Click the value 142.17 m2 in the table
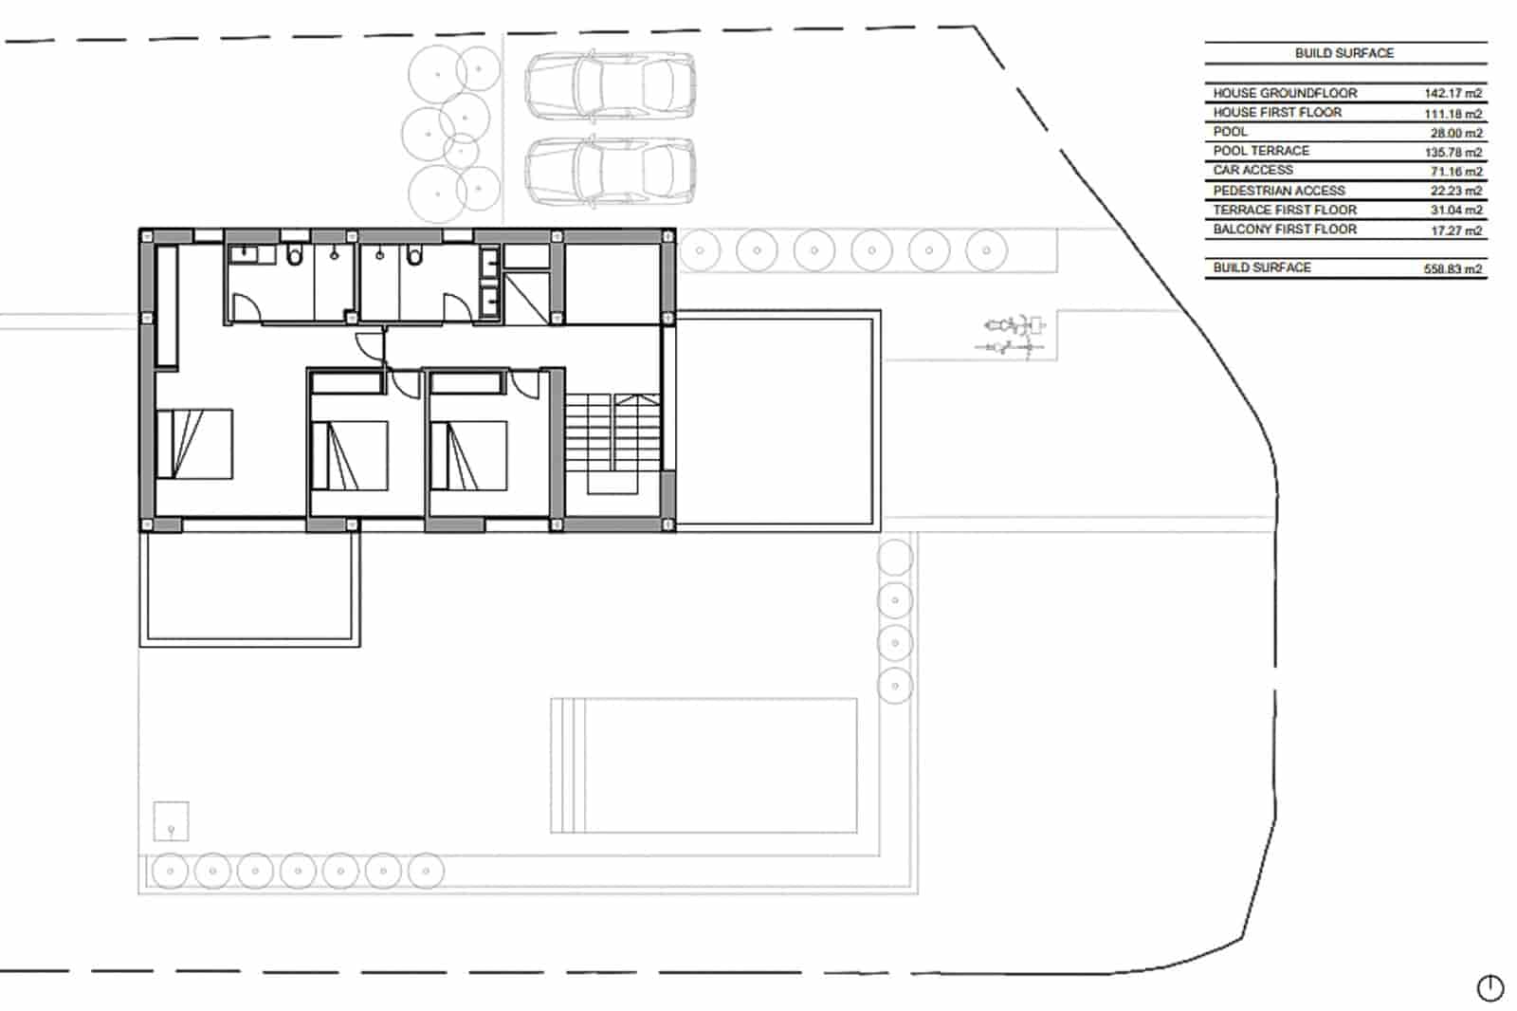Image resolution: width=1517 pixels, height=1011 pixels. tap(1453, 94)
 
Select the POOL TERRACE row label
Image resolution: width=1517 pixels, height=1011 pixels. tap(1261, 151)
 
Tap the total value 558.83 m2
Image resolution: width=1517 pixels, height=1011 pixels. tap(1453, 269)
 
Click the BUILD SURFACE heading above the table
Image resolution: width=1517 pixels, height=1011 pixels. tap(1343, 53)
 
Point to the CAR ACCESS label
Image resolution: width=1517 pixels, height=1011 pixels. tap(1252, 170)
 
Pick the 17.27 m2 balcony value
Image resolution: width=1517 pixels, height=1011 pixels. tap(1455, 230)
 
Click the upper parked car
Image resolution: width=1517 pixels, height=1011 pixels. tap(610, 84)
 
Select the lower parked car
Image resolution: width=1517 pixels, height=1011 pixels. tap(610, 172)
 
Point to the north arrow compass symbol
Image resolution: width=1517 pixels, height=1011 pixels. tap(1490, 988)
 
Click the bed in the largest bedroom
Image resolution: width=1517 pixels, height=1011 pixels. tap(194, 444)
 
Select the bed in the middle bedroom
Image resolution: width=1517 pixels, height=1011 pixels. tap(349, 456)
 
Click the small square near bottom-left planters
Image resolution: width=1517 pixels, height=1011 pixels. tap(171, 821)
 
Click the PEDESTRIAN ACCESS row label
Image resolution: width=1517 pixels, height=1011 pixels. tap(1278, 191)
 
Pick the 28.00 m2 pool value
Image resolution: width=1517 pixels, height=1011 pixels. tap(1455, 133)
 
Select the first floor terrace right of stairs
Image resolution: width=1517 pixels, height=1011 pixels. tap(777, 419)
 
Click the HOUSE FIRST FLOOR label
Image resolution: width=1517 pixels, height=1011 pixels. tap(1276, 112)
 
